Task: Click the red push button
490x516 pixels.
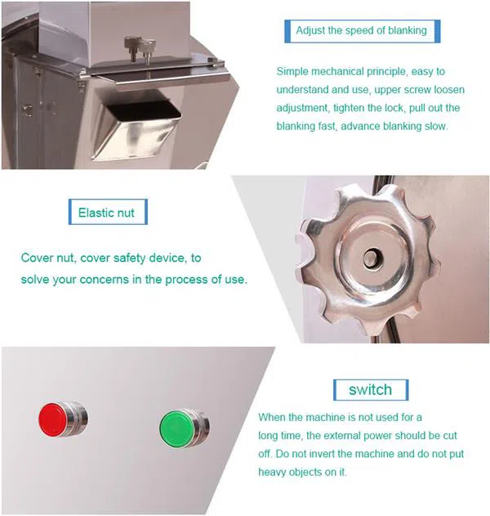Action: coord(62,420)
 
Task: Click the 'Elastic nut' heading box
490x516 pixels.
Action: coord(108,212)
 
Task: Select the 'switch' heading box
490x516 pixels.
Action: coord(371,389)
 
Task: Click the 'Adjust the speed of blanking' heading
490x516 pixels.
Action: coord(362,30)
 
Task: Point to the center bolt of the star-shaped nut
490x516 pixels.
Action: coord(372,258)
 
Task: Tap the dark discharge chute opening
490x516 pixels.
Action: coord(144,110)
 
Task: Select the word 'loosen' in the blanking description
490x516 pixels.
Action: coord(449,89)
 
